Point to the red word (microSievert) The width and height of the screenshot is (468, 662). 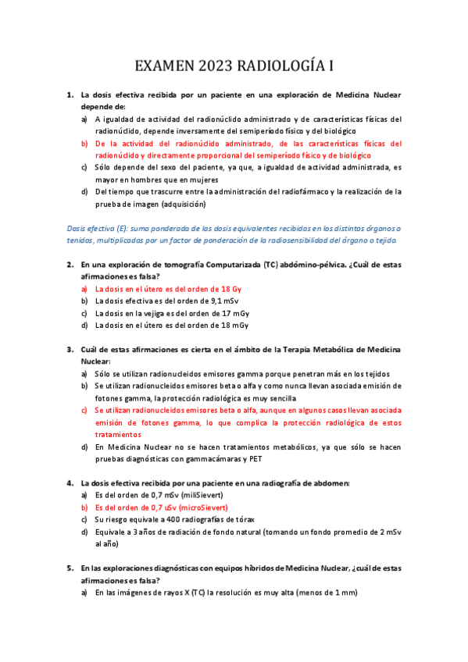coord(213,507)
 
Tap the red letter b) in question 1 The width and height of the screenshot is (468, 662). coord(84,144)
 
